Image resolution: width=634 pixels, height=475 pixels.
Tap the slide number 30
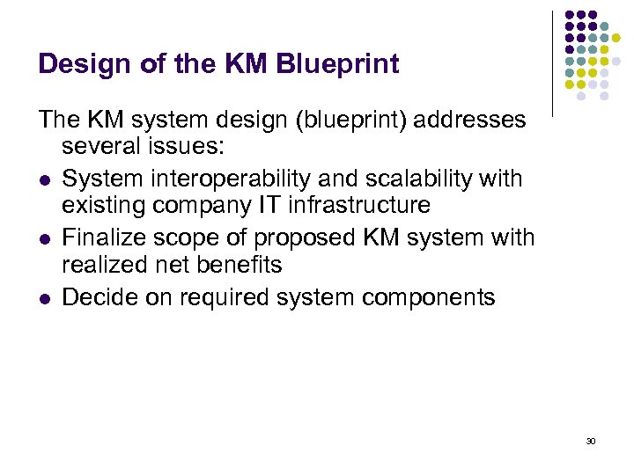[x=590, y=441]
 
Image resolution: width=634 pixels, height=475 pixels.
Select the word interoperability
[x=227, y=179]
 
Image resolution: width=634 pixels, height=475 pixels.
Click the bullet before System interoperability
[x=44, y=180]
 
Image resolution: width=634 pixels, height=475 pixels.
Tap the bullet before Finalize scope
[x=44, y=239]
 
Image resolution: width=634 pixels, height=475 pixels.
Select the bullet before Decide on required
[x=44, y=299]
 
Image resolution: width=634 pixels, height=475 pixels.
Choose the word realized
[x=108, y=265]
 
